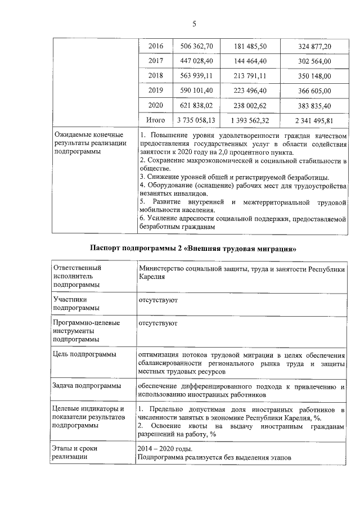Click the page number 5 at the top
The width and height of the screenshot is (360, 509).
195,24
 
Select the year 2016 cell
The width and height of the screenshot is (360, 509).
155,46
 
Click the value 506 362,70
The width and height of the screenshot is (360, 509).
196,46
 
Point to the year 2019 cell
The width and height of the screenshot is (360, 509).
155,90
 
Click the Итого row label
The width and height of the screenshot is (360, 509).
155,120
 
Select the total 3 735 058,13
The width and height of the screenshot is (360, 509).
196,120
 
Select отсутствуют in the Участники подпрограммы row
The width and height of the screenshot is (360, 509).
158,300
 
